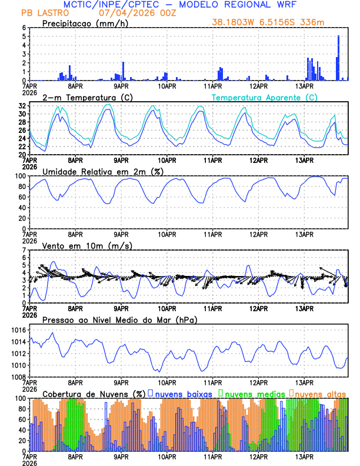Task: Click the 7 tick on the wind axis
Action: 25,250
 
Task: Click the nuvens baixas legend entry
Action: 183,393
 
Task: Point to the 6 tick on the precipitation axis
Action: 25,28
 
